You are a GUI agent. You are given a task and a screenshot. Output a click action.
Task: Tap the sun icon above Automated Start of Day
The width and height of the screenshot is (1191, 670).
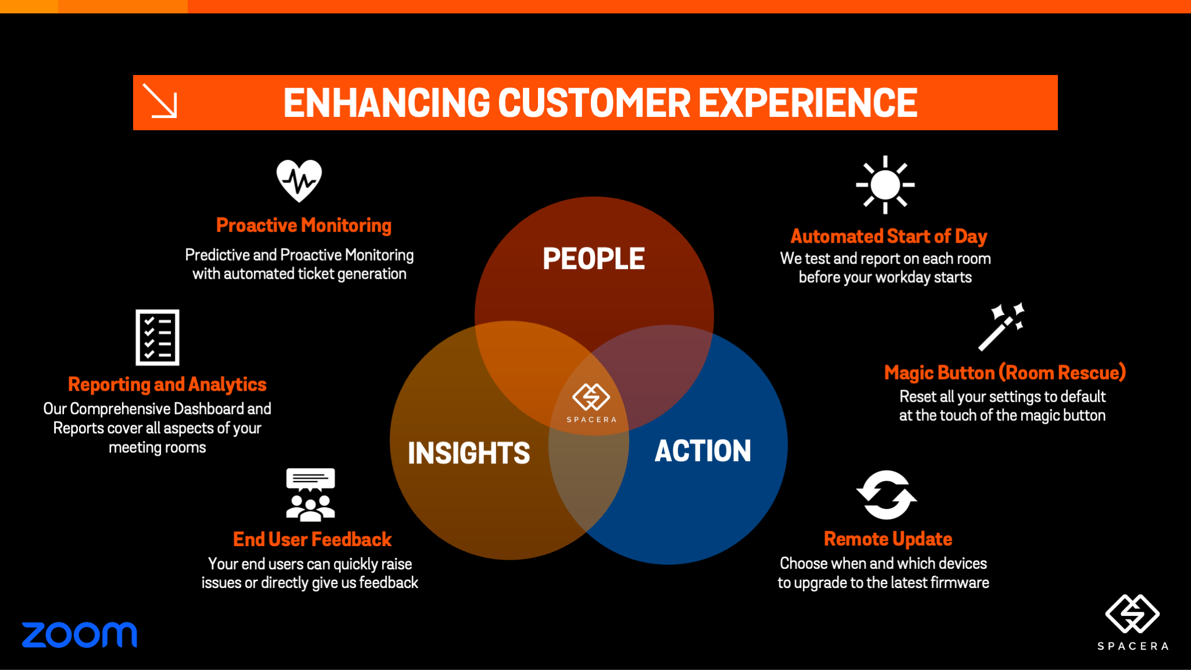[885, 185]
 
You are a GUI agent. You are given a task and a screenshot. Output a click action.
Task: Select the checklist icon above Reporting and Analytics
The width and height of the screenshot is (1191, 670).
[158, 337]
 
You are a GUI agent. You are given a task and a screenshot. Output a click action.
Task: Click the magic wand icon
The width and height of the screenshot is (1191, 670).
[1001, 327]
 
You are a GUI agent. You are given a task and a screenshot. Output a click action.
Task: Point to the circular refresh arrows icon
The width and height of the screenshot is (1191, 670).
[886, 495]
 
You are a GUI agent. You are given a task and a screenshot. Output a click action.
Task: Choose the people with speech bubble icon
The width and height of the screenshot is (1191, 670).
[311, 494]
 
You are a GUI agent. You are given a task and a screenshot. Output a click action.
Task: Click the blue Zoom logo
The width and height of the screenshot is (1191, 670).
[80, 635]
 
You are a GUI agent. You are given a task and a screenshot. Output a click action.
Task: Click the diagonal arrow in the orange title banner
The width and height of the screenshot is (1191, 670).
[160, 101]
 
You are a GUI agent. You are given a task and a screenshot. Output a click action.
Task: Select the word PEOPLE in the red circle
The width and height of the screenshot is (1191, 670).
[594, 259]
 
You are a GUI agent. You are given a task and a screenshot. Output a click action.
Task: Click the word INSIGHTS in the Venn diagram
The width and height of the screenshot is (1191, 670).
[469, 453]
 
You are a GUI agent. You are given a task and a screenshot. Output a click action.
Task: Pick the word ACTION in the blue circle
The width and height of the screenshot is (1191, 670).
[703, 451]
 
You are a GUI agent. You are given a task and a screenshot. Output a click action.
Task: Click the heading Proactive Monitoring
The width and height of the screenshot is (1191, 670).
[304, 225]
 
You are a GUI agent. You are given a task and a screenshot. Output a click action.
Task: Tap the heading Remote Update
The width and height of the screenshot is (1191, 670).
[888, 539]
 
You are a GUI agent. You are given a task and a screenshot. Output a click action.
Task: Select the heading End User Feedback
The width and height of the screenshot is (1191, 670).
[312, 539]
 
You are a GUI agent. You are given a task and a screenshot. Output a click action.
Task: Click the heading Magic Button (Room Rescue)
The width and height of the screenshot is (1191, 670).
[1005, 372]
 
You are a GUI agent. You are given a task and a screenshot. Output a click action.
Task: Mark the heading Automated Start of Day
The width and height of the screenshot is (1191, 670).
[889, 236]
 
